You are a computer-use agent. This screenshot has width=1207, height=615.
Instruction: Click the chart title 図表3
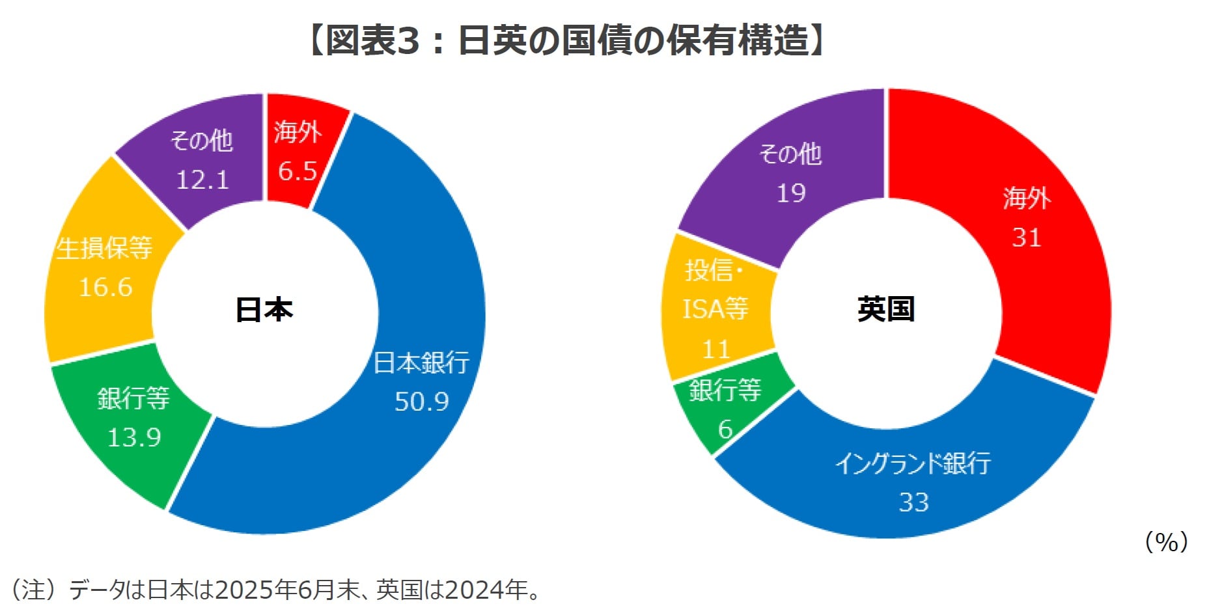tap(565, 40)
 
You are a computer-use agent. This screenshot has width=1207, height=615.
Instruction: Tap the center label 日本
tap(264, 310)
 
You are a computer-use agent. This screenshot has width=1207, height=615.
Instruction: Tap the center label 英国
tap(886, 309)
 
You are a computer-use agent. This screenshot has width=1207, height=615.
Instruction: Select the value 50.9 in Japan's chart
tap(422, 402)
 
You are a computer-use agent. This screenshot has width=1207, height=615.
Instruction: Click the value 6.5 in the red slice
tap(298, 171)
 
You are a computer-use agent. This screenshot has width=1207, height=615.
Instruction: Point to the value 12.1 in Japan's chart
tap(202, 180)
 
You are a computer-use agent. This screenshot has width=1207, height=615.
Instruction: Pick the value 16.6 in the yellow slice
tap(105, 287)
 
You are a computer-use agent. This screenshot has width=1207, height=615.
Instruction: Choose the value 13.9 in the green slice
tap(134, 437)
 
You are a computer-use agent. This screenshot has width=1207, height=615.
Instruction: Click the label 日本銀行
tap(421, 362)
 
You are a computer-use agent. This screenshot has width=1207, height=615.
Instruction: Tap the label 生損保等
tap(104, 248)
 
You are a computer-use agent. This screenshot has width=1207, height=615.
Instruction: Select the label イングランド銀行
tap(913, 463)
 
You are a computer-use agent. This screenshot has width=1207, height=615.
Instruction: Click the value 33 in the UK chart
tap(913, 502)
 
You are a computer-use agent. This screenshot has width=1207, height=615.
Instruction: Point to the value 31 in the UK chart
tap(1027, 238)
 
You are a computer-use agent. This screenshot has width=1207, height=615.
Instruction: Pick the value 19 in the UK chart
tap(791, 193)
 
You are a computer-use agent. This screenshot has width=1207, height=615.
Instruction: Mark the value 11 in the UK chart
tap(716, 349)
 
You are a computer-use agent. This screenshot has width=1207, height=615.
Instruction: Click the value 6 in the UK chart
tap(725, 430)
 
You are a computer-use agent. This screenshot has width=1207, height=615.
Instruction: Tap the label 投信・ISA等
tap(715, 290)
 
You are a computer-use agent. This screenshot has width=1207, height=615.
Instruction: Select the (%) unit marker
tap(1166, 541)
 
